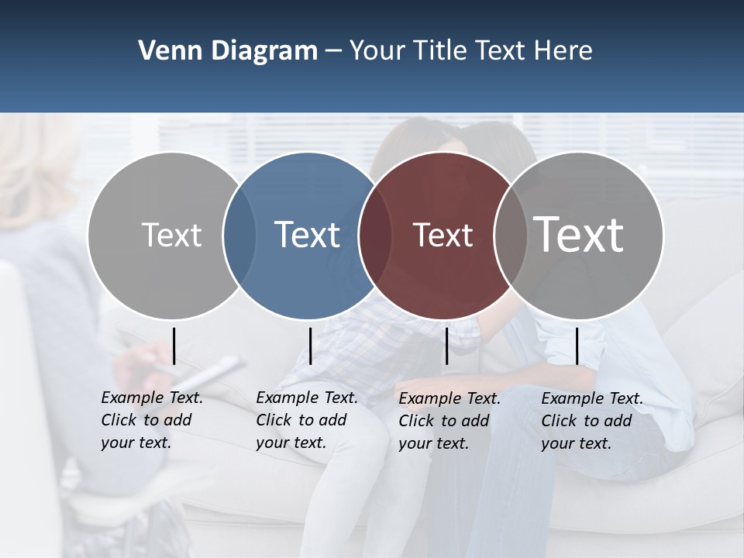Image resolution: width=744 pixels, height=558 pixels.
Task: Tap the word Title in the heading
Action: (x=439, y=51)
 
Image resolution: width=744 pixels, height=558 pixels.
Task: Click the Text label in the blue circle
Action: (x=307, y=235)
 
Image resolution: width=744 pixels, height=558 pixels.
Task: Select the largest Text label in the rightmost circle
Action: (x=579, y=234)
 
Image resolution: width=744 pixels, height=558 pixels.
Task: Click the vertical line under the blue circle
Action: (x=310, y=346)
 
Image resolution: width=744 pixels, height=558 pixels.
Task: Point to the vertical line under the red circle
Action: (x=446, y=346)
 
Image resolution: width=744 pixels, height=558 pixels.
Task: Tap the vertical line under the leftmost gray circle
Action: (x=174, y=346)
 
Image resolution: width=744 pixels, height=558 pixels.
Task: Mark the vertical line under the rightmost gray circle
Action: (x=577, y=346)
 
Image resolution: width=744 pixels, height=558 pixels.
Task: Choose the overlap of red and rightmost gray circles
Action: (x=506, y=236)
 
